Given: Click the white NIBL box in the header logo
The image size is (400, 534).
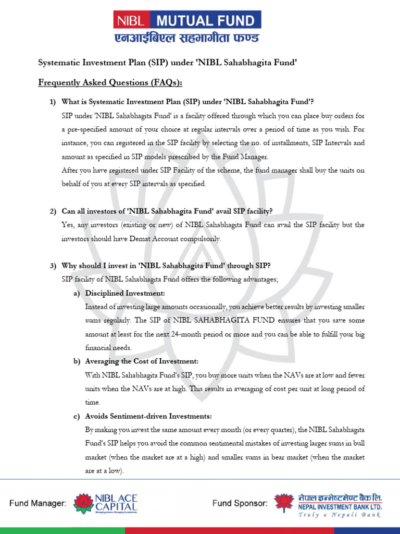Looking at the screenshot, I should click(x=132, y=21).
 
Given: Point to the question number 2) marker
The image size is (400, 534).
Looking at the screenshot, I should click(x=53, y=211).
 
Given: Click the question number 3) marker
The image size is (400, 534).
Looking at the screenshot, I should click(x=53, y=266).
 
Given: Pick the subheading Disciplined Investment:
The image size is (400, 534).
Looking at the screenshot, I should click(x=125, y=294).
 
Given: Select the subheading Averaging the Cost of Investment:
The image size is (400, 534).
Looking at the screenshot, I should click(x=141, y=361).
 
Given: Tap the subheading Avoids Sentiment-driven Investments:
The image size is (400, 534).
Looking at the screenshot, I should click(x=148, y=416).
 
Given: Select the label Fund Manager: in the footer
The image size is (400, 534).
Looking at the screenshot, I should click(x=38, y=504).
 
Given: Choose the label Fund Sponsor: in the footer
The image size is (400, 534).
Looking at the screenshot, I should click(x=240, y=504).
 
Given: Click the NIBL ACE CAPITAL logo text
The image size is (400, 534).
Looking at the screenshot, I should click(x=116, y=502).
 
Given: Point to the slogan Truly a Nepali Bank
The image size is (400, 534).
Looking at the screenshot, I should click(x=340, y=515).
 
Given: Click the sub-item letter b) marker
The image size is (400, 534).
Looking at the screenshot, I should click(x=76, y=361).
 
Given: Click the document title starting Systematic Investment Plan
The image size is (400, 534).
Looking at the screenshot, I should click(x=167, y=63).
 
